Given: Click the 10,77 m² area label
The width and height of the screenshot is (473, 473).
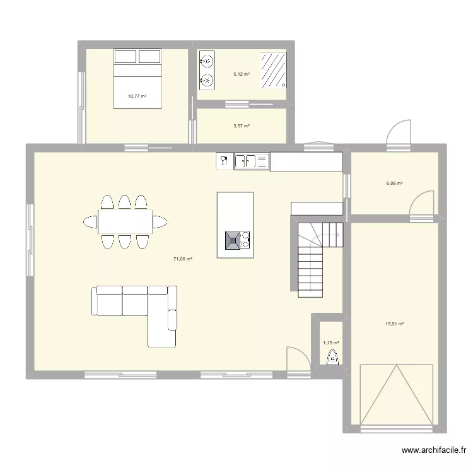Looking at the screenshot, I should (137, 96).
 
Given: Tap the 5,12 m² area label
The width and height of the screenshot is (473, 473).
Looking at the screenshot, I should (242, 74).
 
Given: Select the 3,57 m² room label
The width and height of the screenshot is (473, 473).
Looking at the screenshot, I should (242, 126).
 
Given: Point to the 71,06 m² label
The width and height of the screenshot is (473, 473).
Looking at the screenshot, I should (183, 259).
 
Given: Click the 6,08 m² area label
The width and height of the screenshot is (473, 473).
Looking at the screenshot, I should (395, 184).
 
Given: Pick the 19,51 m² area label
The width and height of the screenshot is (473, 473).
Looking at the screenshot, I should (395, 324).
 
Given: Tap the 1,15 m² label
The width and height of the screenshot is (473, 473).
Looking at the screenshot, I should (331, 343).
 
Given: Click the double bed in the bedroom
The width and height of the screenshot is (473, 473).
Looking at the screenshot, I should (137, 78).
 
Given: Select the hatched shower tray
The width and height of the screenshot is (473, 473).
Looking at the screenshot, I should (272, 69).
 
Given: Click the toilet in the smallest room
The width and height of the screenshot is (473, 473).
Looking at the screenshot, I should (332, 358).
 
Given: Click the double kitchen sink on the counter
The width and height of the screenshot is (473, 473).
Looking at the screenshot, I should (252, 161).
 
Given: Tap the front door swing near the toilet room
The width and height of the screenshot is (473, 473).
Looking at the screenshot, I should (298, 359).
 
